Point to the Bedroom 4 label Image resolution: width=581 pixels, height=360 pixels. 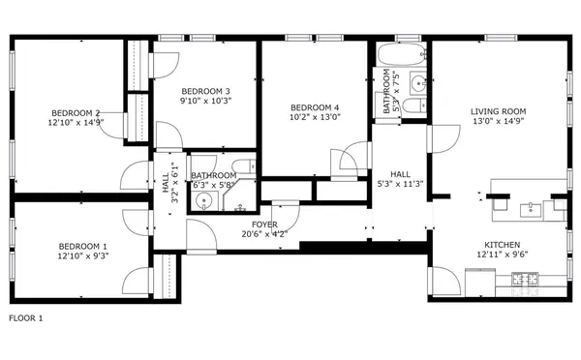pos(315,106)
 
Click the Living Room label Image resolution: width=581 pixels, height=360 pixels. pos(499,110)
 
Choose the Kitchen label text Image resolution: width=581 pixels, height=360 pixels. pos(503,245)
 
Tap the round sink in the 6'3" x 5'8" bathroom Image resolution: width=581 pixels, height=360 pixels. pos(202,201)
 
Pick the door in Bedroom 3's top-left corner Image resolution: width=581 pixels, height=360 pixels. pos(162,62)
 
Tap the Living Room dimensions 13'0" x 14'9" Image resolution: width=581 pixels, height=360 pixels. pos(499,121)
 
